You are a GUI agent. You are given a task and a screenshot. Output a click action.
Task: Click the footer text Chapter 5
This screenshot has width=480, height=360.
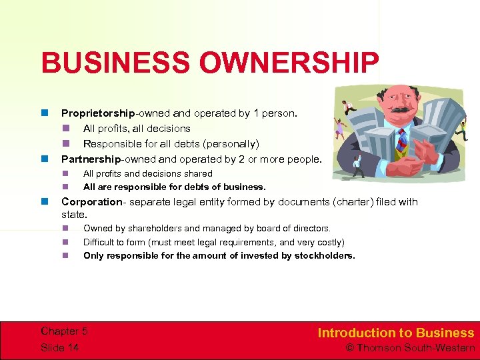point(64,331)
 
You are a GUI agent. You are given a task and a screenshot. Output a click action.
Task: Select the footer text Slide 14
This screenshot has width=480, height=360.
point(59,347)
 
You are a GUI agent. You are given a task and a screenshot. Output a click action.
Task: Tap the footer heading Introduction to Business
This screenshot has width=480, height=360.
point(396,333)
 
